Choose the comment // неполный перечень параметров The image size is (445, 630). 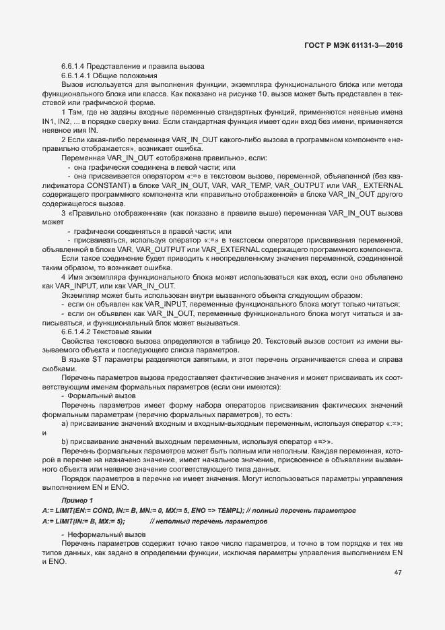pos(208,521)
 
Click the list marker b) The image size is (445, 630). pos(65,441)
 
